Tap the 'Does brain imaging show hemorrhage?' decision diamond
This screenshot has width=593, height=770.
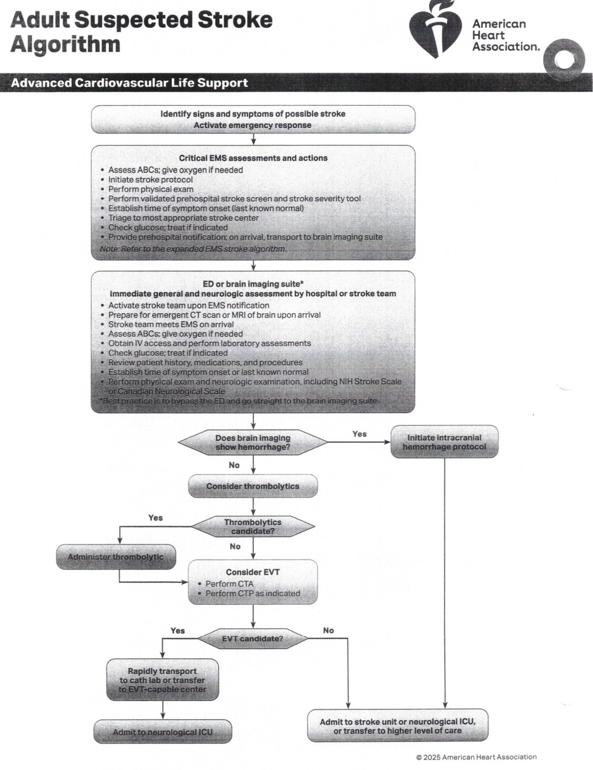tap(253, 442)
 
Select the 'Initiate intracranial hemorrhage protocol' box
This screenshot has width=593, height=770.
tap(445, 442)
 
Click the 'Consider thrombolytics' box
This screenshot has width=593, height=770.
tap(253, 486)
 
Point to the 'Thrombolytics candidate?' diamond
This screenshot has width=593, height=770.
tap(253, 526)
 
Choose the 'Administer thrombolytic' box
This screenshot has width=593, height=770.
tap(116, 557)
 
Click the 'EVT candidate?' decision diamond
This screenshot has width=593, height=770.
tap(253, 638)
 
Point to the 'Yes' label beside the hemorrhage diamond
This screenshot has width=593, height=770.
tap(359, 434)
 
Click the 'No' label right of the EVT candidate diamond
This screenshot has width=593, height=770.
tap(328, 630)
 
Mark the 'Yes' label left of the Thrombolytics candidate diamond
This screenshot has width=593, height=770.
tap(156, 518)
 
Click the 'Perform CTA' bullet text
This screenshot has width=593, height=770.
tap(229, 583)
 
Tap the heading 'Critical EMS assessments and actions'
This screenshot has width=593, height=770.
tap(253, 158)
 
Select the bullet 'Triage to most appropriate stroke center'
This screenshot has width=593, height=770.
tap(183, 218)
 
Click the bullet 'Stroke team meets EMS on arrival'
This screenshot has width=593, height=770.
tap(171, 325)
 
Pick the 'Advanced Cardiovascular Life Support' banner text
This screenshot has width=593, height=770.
tap(130, 83)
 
